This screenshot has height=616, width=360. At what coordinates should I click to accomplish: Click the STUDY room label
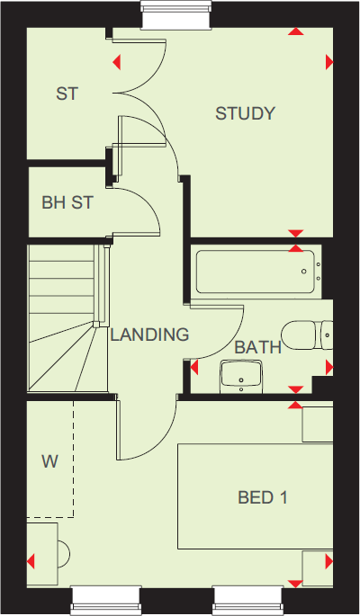pyautogui.click(x=245, y=113)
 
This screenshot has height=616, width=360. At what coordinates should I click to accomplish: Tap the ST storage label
pyautogui.click(x=67, y=93)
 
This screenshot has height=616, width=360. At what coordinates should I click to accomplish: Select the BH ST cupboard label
pyautogui.click(x=67, y=203)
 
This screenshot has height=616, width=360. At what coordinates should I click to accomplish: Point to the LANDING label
pyautogui.click(x=149, y=335)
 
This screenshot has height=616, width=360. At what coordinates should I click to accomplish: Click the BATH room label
pyautogui.click(x=258, y=347)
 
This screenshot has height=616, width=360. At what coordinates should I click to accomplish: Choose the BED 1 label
pyautogui.click(x=263, y=496)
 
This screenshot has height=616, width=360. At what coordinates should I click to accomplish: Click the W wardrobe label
pyautogui.click(x=49, y=462)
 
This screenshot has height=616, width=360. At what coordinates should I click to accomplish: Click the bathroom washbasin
pyautogui.click(x=240, y=376)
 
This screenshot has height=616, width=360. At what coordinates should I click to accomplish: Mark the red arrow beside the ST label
pyautogui.click(x=117, y=62)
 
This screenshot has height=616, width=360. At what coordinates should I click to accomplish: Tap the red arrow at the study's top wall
pyautogui.click(x=295, y=32)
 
